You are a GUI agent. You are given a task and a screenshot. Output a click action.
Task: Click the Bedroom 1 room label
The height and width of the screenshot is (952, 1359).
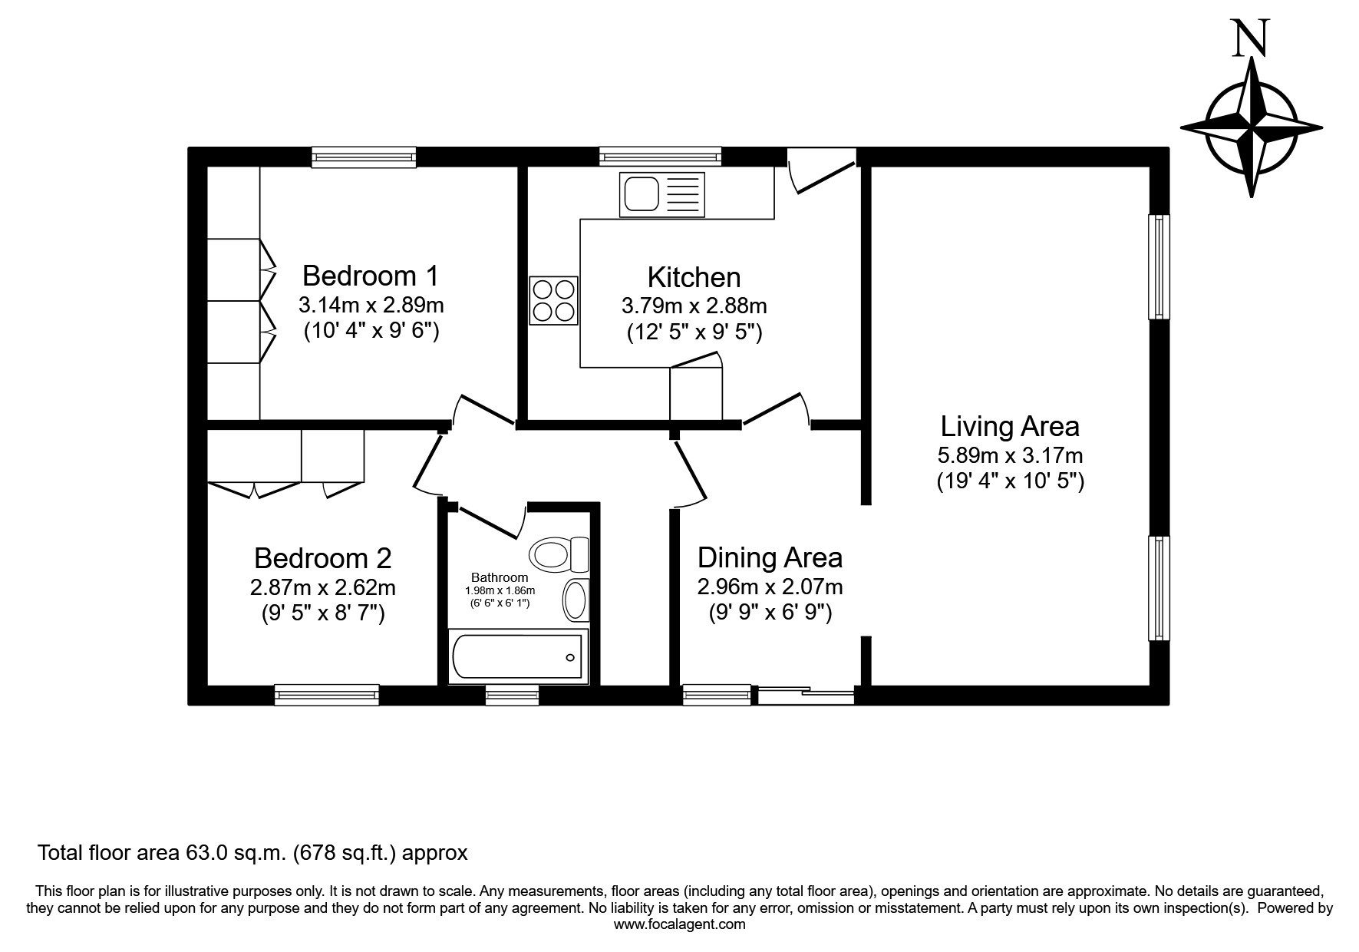(371, 275)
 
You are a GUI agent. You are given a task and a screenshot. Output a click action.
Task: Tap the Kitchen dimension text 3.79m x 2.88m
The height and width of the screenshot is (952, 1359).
(694, 306)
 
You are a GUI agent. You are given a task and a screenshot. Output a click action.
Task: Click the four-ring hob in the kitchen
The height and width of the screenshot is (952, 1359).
(553, 300)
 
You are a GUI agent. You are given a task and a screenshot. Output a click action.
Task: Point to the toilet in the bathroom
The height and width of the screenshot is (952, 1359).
(559, 554)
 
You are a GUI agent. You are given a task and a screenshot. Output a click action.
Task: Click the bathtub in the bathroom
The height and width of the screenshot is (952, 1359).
(518, 656)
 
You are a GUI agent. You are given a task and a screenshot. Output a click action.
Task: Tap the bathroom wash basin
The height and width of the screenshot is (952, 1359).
(575, 600)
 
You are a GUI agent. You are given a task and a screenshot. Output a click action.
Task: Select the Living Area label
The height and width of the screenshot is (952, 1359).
(1010, 426)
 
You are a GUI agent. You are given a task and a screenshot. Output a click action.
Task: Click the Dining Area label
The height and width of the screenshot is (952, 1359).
(770, 557)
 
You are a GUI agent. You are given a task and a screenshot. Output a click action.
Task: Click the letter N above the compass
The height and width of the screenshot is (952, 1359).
(1250, 39)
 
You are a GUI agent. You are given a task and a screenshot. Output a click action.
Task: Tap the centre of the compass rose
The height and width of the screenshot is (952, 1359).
(1252, 127)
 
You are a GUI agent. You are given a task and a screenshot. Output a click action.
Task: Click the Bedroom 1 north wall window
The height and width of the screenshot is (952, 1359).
(364, 157)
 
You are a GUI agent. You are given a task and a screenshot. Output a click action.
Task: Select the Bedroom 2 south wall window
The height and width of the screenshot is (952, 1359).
(327, 695)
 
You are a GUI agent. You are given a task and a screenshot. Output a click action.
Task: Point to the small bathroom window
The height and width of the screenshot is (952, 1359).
(513, 695)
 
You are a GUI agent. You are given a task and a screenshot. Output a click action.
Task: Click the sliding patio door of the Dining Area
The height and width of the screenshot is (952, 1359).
(806, 696)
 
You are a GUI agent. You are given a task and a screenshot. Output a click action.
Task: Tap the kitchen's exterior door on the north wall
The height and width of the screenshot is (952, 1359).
(821, 170)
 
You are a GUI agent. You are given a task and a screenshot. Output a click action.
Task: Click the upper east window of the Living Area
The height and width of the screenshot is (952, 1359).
(1159, 266)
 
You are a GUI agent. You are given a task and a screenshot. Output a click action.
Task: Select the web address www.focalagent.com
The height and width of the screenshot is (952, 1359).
(679, 924)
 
